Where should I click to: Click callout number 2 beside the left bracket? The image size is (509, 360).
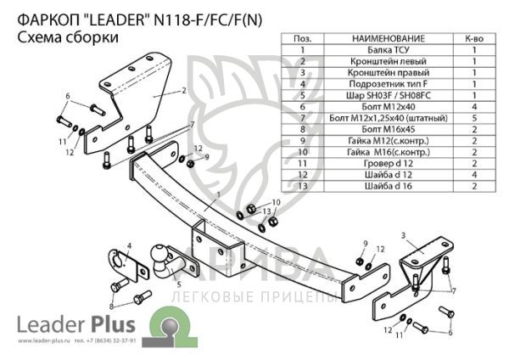pyautogui.click(x=183, y=89)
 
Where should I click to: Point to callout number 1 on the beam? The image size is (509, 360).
pyautogui.click(x=218, y=194)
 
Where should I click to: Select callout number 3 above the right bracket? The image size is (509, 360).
pyautogui.click(x=403, y=233)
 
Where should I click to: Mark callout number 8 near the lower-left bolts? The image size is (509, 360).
pyautogui.click(x=111, y=306)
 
